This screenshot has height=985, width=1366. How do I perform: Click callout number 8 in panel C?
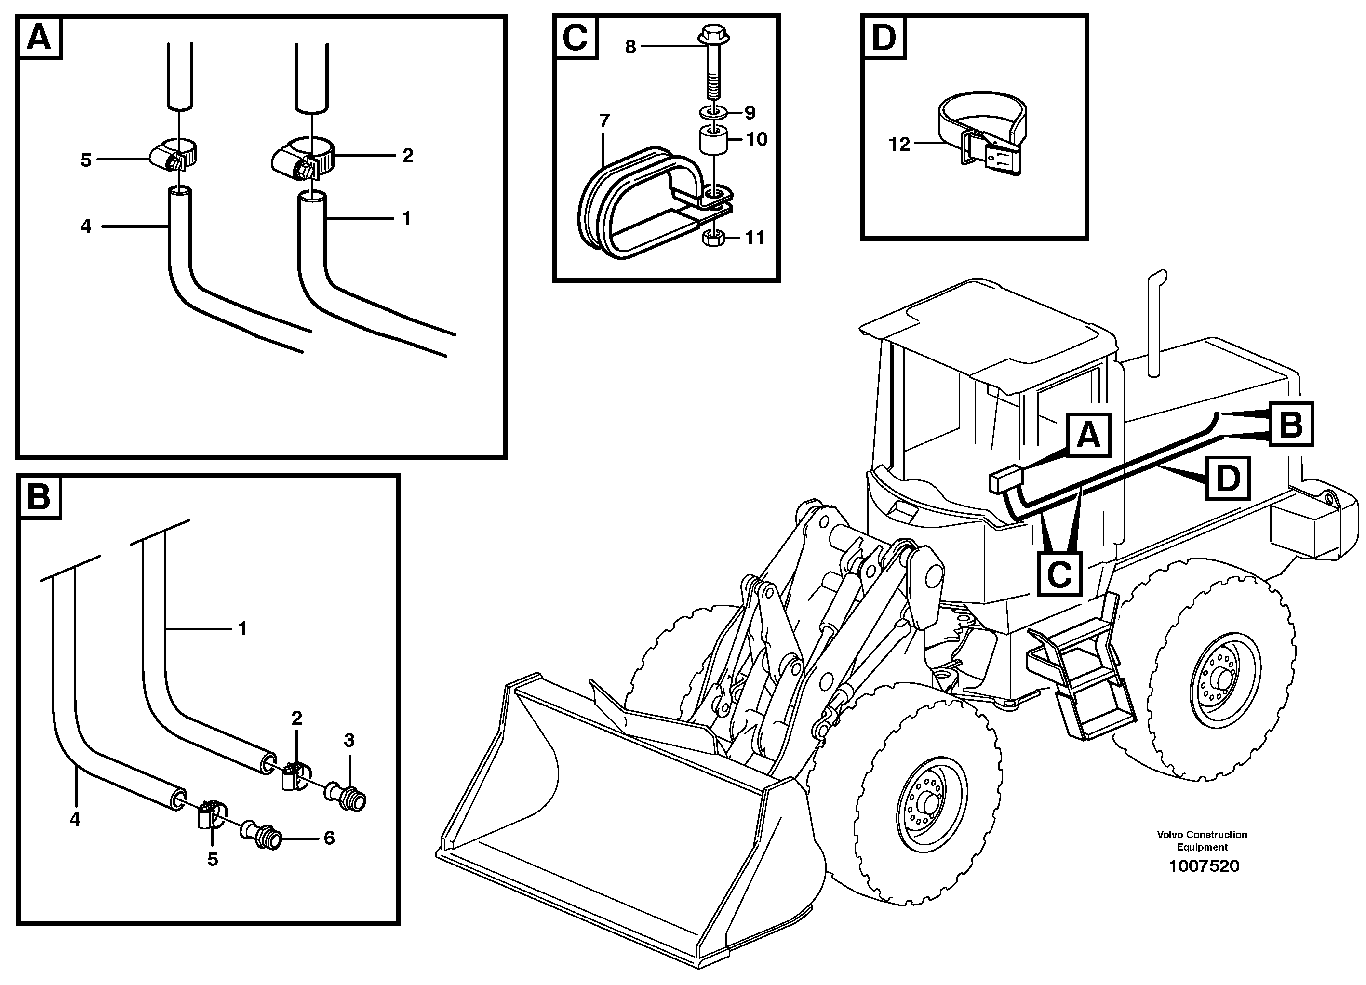coord(630,46)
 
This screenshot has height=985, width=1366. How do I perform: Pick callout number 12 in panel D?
coord(899,145)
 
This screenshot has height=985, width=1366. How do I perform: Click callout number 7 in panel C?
coord(604,121)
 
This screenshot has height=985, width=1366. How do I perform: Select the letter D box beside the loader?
coord(1228,479)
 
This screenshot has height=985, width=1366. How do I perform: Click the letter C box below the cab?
coord(1059,574)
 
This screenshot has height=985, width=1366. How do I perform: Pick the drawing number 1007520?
coord(1204,866)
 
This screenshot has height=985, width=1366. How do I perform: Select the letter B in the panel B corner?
coord(40,498)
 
